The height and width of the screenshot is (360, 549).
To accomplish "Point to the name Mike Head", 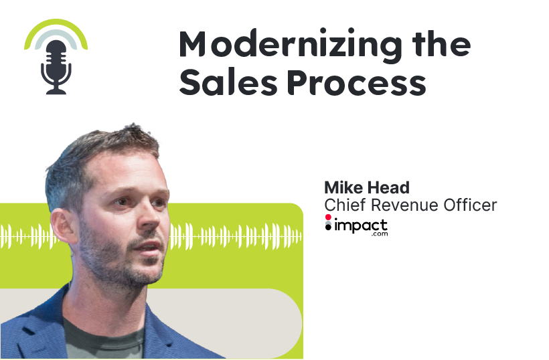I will [366, 187].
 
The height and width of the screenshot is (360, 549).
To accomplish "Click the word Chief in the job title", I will [343, 205].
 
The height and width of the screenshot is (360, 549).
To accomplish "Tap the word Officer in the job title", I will [473, 205].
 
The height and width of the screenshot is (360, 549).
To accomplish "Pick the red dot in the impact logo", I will [328, 218].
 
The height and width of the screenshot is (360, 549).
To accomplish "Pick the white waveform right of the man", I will [234, 235].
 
